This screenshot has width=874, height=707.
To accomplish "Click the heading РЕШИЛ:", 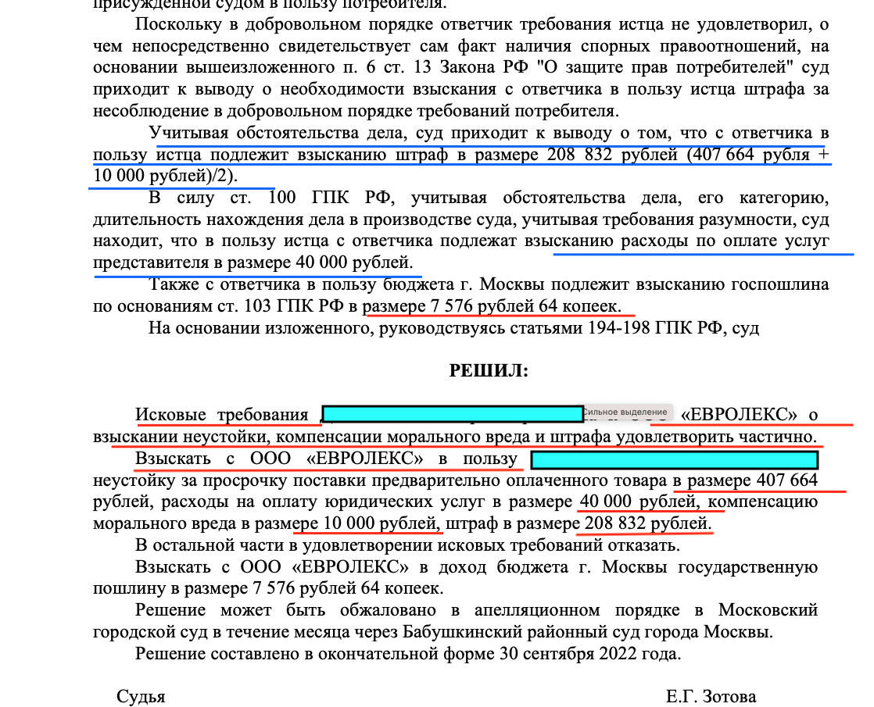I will click(489, 371).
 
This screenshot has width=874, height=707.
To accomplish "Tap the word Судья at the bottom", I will click(141, 696).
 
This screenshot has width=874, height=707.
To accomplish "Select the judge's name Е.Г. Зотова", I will click(711, 696).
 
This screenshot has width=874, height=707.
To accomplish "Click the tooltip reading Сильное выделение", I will click(627, 412).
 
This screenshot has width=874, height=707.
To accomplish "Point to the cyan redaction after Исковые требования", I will click(452, 414).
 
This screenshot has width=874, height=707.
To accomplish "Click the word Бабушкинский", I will click(514, 630).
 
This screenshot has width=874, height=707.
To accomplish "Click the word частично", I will click(784, 436).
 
